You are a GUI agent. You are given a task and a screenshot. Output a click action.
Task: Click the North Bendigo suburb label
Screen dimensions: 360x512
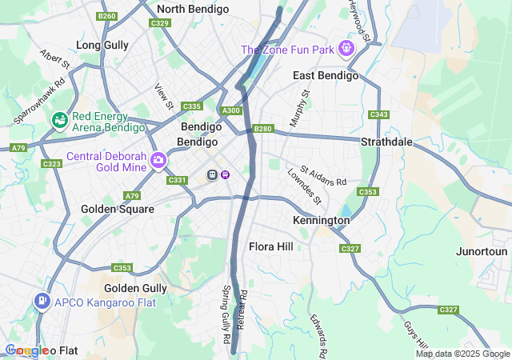tap(193, 10)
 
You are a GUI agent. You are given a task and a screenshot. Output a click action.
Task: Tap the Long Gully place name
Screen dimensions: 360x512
tap(102, 46)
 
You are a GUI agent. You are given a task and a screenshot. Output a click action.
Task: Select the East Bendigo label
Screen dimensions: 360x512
tap(325, 75)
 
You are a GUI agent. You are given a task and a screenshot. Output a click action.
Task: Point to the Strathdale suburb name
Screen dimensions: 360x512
tap(386, 142)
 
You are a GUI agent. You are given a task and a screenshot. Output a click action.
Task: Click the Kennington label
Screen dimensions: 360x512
tap(321, 220)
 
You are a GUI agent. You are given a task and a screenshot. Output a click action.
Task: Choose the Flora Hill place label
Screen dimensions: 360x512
tap(274, 246)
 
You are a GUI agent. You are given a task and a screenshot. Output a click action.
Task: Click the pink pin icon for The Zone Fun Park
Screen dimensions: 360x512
tap(346, 49)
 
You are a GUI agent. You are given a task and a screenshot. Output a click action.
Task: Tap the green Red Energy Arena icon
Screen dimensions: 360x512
tap(59, 121)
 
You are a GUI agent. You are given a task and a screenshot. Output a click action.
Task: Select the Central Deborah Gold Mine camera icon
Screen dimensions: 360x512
tap(158, 161)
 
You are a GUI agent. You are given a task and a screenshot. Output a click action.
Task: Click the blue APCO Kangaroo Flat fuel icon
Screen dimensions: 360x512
tap(41, 302)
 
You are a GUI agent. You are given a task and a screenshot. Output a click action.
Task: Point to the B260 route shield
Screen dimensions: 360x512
tap(106, 16)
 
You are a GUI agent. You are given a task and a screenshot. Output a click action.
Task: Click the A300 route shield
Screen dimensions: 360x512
tap(231, 111)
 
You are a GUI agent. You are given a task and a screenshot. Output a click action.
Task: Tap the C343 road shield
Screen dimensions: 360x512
tap(378, 115)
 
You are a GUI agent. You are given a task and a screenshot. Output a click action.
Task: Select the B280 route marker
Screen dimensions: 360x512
tap(262, 129)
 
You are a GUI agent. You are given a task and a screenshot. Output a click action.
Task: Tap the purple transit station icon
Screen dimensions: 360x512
tap(226, 174)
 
